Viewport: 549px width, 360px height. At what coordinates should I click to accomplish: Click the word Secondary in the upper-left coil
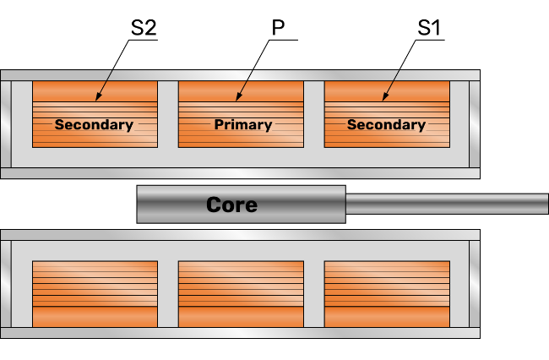(x=94, y=125)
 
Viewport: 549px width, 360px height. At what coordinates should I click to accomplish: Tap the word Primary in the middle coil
(x=242, y=125)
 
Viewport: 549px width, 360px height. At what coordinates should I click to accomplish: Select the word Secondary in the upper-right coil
(x=386, y=125)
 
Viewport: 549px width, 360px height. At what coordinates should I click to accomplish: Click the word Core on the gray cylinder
(x=231, y=205)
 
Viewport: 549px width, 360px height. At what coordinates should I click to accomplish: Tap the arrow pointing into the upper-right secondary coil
(x=391, y=84)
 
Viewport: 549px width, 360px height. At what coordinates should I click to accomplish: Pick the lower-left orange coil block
(x=95, y=293)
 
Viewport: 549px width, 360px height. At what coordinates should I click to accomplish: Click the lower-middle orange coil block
(x=241, y=293)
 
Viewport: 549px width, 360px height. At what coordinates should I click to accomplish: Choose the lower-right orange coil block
(x=387, y=293)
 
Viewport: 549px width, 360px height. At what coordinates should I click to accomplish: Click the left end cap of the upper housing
(x=5, y=123)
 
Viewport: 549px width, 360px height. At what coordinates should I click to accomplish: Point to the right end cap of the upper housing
(x=475, y=123)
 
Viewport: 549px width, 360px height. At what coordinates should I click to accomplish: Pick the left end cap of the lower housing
(x=5, y=283)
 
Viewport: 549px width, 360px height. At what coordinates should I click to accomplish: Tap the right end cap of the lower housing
(x=475, y=283)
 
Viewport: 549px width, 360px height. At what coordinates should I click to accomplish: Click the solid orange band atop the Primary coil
(x=241, y=91)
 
